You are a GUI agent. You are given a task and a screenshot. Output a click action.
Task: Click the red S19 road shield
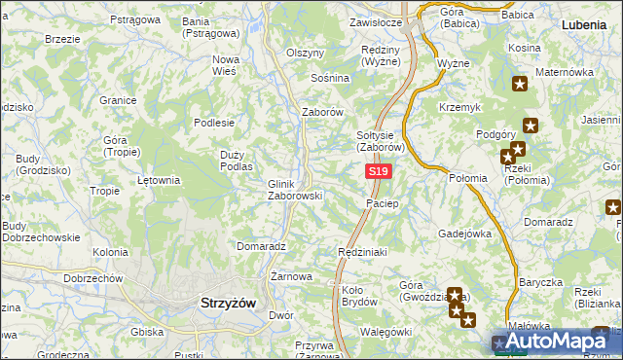(379, 171)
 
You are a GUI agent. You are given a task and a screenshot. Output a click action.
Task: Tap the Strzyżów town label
(227, 303)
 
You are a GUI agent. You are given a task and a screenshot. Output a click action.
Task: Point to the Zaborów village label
(323, 112)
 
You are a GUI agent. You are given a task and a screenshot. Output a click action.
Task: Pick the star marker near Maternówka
(520, 84)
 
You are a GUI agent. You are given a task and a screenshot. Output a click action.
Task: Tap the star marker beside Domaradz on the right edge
(613, 206)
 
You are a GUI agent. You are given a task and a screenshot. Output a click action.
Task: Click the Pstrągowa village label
(134, 19)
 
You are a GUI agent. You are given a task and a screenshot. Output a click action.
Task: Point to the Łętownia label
(159, 180)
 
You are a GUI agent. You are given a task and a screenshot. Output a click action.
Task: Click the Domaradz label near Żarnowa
(260, 247)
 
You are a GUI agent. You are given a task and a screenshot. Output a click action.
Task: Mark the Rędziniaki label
(362, 252)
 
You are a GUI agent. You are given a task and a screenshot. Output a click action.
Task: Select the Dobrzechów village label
(92, 278)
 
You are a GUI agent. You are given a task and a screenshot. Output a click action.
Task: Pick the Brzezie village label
(62, 39)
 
